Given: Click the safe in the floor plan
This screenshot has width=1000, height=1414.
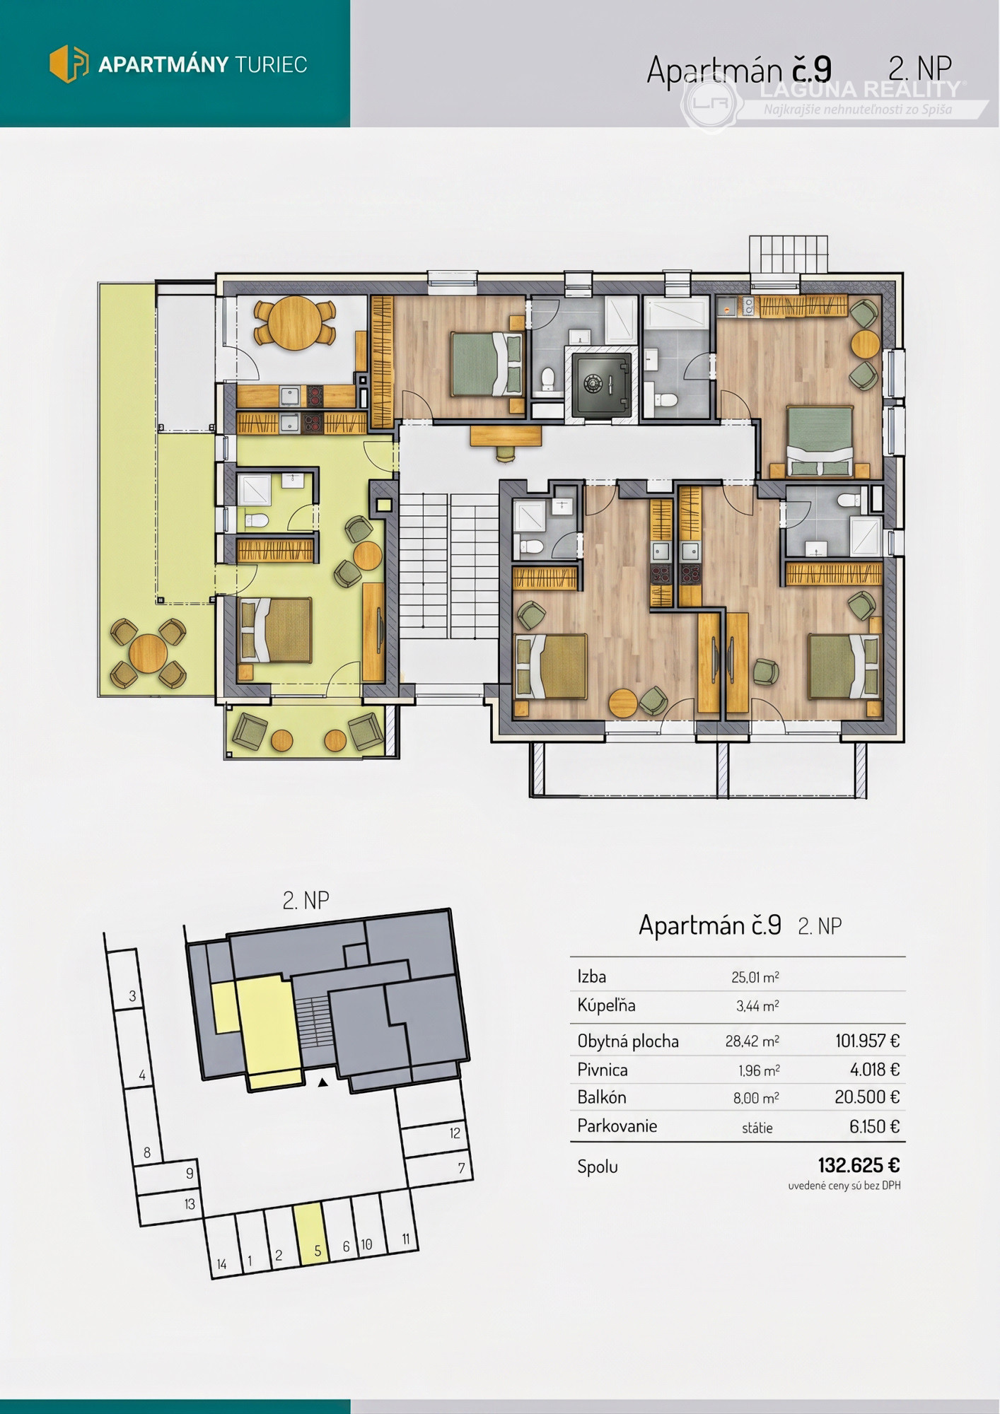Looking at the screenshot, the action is pos(600,385).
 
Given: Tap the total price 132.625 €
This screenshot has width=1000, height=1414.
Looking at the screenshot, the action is pos(859,1164).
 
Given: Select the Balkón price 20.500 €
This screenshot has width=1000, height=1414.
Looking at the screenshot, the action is pos(867,1097).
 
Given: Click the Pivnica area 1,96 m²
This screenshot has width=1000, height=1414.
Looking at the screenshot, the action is pos(759,1070).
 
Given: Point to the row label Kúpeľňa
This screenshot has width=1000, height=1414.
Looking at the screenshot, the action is pos(606,1005).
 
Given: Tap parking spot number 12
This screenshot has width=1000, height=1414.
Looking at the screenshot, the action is pos(455,1133).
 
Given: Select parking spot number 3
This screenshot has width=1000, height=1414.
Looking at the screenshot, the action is pos(132,996).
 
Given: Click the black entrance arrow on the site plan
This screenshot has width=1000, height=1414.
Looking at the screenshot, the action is pos(322,1082).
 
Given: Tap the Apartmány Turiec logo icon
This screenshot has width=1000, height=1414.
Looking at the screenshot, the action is pos(69,64).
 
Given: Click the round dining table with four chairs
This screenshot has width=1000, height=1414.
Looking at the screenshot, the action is pos(294,323).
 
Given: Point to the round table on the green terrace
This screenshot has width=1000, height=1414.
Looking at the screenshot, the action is pos(149,653).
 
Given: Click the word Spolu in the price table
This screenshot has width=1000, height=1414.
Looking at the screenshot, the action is pos(598,1167).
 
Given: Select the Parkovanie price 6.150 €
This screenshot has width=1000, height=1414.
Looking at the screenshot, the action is pos(875,1126).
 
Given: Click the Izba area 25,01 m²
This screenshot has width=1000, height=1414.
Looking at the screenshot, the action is pos(755,977).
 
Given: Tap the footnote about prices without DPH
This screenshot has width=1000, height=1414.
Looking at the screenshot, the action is pos(844,1186).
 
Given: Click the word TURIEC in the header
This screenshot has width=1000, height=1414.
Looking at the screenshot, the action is pos(271,65).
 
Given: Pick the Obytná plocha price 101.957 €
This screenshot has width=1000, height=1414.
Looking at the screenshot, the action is pos(868,1041).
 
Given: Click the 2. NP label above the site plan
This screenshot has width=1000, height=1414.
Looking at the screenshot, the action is pos(306,900).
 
